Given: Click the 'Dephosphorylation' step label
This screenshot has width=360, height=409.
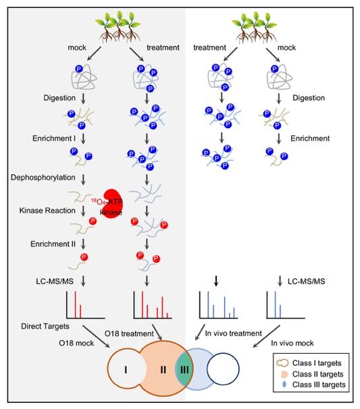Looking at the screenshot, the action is [43, 178].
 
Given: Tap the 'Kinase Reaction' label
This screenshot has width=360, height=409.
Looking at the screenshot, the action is [47, 211].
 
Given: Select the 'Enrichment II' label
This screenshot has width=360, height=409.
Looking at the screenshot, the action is [53, 244].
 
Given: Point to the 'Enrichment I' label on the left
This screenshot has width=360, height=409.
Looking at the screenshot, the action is [54, 138].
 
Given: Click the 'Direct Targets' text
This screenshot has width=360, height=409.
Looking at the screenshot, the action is [45, 326].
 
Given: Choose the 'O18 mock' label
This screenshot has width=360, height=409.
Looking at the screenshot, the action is [76, 343].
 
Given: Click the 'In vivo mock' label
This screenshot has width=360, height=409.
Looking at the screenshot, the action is [292, 343].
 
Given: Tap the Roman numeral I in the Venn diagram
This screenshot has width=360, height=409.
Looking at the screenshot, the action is [126, 370].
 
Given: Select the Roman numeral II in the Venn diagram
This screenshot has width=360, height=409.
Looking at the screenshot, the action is [163, 370].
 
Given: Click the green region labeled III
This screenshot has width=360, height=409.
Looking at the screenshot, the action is [184, 369].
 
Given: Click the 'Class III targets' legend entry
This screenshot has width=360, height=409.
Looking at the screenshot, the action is [314, 385].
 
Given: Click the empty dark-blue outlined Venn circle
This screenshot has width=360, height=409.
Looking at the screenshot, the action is [223, 353].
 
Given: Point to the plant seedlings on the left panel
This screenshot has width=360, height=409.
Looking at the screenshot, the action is [118, 26].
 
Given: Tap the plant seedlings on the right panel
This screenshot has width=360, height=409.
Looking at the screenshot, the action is [255, 27].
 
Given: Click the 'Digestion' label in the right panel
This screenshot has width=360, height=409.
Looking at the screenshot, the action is [309, 98].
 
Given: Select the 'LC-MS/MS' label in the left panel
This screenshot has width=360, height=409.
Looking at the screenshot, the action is [55, 281].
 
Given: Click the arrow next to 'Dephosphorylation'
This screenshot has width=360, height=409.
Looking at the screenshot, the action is [83, 180].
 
